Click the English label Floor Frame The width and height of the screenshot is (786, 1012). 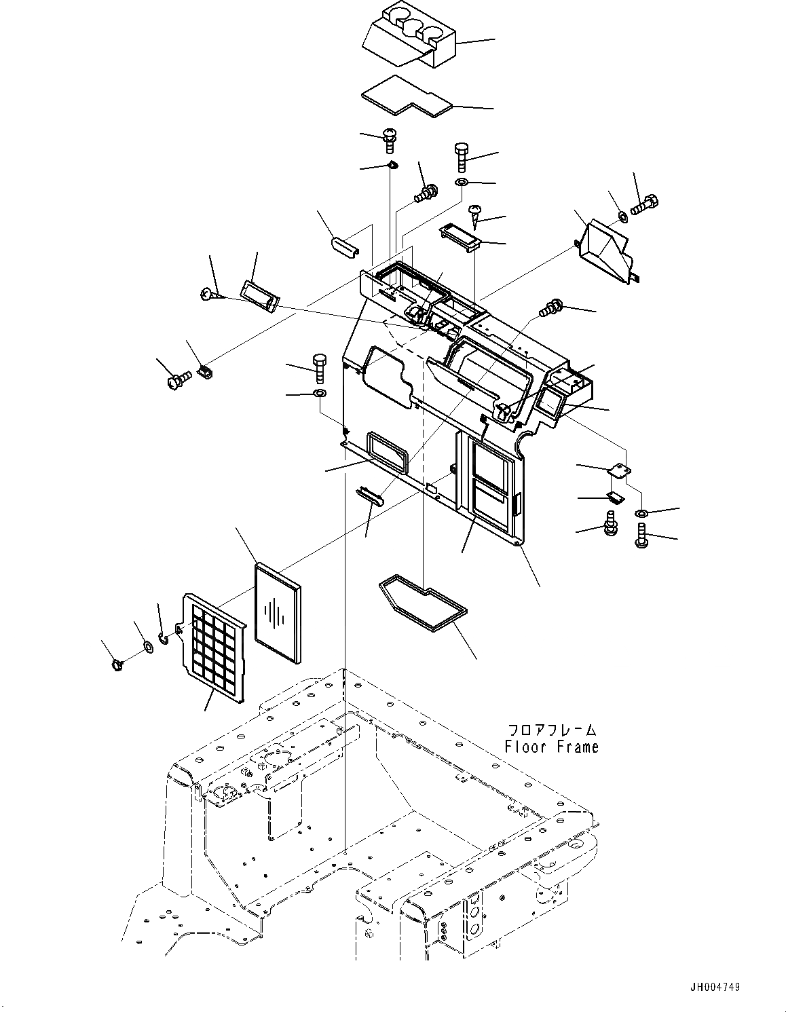pyautogui.click(x=552, y=747)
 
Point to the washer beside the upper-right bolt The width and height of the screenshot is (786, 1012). pyautogui.click(x=623, y=217)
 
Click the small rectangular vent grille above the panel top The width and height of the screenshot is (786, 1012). pyautogui.click(x=460, y=237)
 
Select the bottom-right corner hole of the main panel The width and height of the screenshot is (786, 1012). pyautogui.click(x=518, y=542)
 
